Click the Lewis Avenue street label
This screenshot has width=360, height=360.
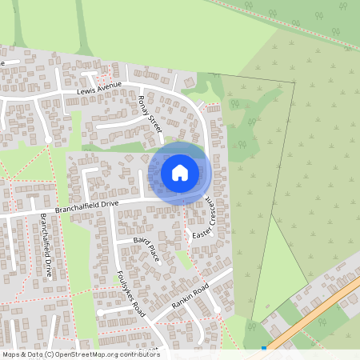point(99,87)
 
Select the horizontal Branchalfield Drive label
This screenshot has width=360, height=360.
point(86,206)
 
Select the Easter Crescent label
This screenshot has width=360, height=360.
point(205,216)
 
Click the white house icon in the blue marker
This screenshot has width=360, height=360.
point(180,172)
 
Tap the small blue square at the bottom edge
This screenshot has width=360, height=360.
point(264,348)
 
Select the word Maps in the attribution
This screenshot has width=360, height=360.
point(11,354)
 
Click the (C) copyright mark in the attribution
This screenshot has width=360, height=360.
point(50,354)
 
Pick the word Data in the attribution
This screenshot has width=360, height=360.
point(34,354)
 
